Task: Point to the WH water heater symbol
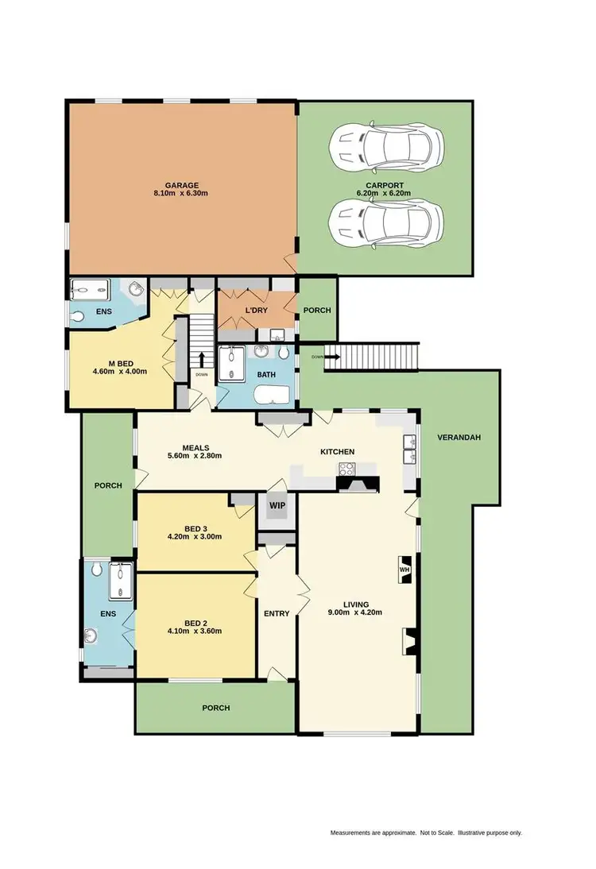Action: [403, 570]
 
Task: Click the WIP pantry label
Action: [277, 505]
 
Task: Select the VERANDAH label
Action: [459, 438]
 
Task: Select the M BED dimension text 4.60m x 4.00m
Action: [120, 371]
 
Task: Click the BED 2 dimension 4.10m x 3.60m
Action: [194, 631]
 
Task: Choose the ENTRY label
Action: [277, 613]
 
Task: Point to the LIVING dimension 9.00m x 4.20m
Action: [355, 612]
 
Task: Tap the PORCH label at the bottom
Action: [215, 708]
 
